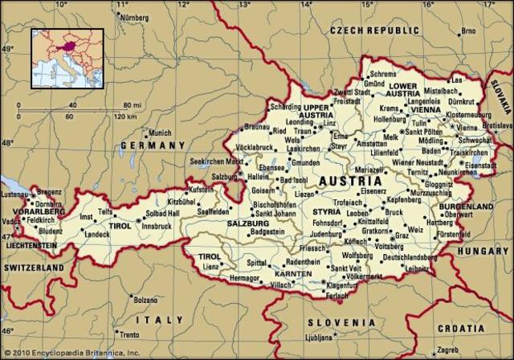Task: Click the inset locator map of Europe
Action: pos(67,58)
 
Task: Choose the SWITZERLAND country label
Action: pos(33,266)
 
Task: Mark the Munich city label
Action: pos(161,133)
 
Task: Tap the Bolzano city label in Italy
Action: pos(145,300)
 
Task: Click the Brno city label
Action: pos(469,33)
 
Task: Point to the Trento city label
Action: pos(128,334)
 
